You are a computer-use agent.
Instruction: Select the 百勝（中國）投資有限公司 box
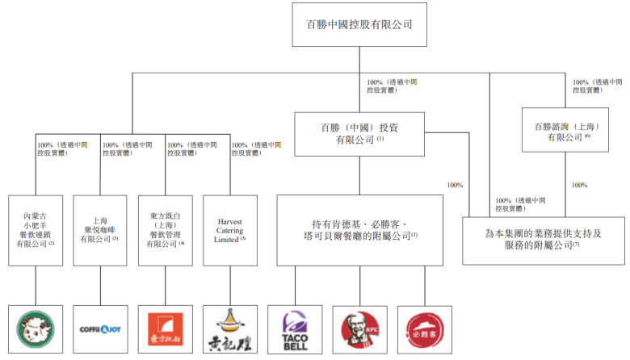[359, 133]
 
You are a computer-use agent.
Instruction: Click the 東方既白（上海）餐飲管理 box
[166, 230]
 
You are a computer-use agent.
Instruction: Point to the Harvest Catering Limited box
[230, 230]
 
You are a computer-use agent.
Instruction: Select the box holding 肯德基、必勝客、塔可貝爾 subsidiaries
[359, 230]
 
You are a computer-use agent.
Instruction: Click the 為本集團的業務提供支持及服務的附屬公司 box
[543, 240]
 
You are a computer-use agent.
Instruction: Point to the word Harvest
[230, 219]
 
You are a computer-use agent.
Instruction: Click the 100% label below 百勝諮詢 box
[578, 186]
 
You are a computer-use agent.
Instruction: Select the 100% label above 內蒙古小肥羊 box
[46, 146]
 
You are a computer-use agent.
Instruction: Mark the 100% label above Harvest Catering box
[240, 146]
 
